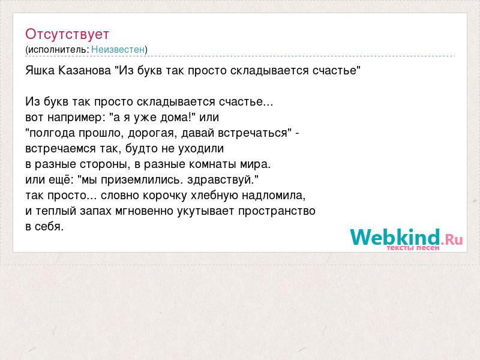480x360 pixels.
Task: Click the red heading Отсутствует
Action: coord(67,34)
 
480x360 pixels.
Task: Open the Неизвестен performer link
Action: coord(118,49)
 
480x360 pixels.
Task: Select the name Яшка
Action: coord(40,70)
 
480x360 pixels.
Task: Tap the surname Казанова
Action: coord(85,70)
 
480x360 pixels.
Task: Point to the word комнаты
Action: coord(212,164)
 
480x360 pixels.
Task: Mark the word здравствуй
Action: coord(221,180)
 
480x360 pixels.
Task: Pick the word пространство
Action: coord(277,211)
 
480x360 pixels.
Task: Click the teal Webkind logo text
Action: coord(395,237)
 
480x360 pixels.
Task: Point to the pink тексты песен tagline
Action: coord(413,248)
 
